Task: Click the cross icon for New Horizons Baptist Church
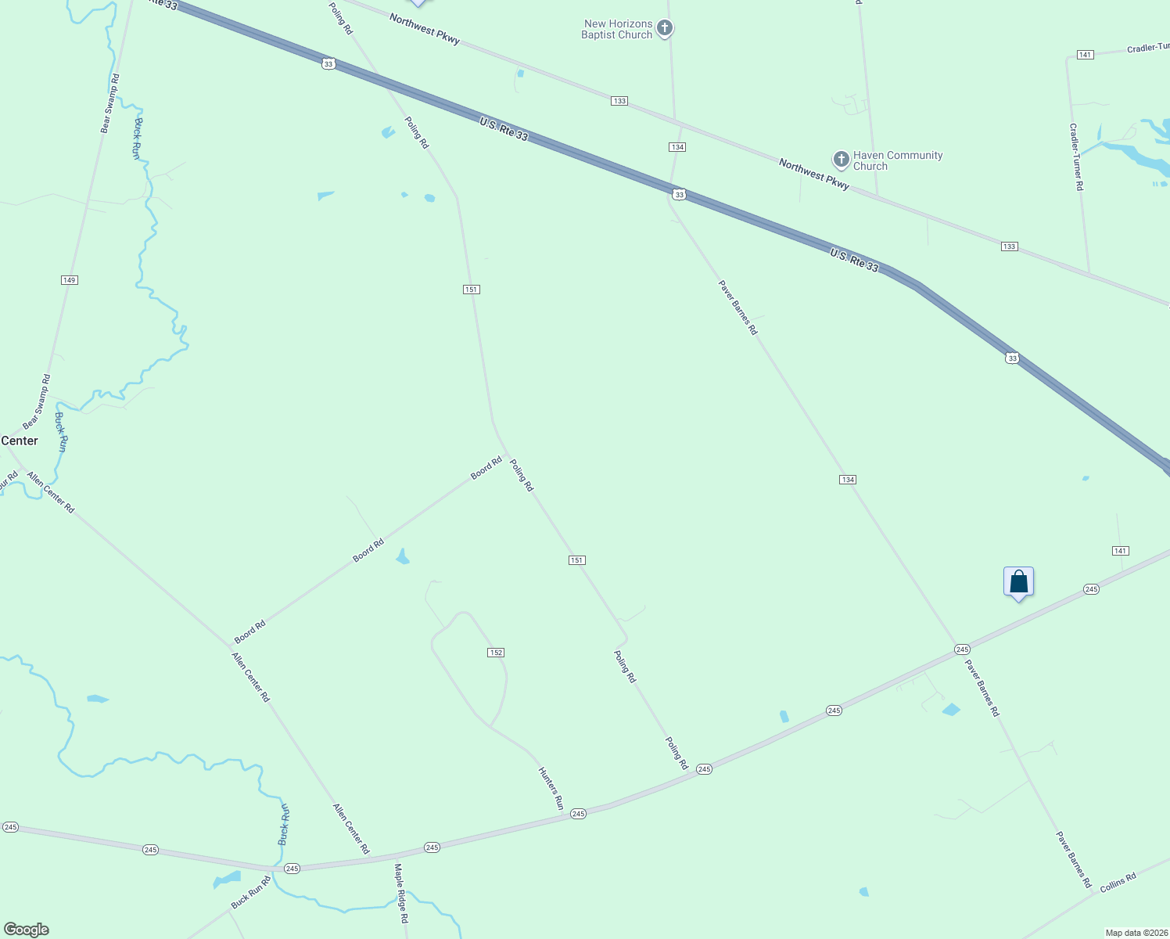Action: (664, 29)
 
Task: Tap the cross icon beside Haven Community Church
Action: (841, 160)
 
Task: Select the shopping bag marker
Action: (1018, 582)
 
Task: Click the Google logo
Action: (27, 930)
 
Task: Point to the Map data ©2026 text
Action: (1136, 933)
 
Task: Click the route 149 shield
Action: (70, 280)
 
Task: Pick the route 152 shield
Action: (496, 653)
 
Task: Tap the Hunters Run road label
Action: (551, 787)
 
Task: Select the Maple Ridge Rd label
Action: (401, 894)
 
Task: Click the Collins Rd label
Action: (1118, 883)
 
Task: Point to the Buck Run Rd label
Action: (250, 893)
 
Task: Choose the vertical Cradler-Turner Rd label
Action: (1077, 156)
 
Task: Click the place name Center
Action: (20, 441)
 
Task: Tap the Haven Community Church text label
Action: (898, 160)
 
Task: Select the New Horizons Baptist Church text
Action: (617, 29)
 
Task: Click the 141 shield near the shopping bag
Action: (1120, 551)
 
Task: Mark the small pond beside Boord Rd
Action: (403, 557)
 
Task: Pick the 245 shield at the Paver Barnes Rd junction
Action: (962, 649)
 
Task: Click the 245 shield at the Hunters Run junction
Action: (578, 814)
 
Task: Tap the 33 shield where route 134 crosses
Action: (679, 194)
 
